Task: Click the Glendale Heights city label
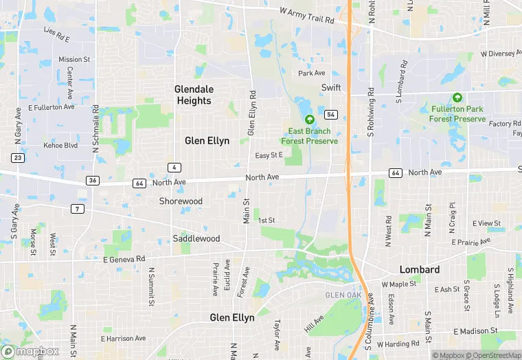click(x=194, y=95)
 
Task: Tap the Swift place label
click(x=331, y=87)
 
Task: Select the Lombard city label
click(x=420, y=269)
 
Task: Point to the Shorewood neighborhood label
click(x=181, y=201)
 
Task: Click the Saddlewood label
click(x=196, y=238)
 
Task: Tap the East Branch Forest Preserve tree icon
click(x=309, y=120)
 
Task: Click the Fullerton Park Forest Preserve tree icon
click(x=457, y=98)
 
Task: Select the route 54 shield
click(x=331, y=114)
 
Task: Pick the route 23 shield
click(x=18, y=157)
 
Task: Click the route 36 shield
click(x=93, y=180)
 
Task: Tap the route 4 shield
click(x=176, y=168)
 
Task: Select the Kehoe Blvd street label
click(x=61, y=146)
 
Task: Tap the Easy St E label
click(x=269, y=156)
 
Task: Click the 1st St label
click(x=266, y=220)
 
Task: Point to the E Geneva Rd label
click(x=124, y=259)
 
